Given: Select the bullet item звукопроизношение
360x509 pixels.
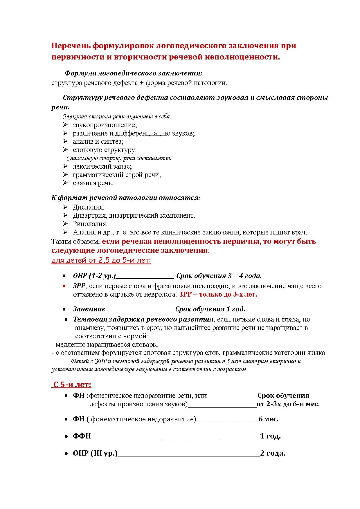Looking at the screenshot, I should tap(105, 125).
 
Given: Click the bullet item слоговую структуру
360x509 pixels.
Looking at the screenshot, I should tap(105, 150).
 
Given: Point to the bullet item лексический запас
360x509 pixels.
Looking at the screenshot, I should tap(102, 166).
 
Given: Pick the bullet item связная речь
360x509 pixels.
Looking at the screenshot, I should tap(93, 183).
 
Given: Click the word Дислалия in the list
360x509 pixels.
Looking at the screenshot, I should tap(88, 207).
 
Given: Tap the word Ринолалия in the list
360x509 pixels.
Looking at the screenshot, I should tap(90, 224).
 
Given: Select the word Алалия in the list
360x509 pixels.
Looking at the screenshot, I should tap(84, 232).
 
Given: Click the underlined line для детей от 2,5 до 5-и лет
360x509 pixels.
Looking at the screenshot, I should tap(101, 260).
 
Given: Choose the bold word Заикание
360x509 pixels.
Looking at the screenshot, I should tap(89, 309).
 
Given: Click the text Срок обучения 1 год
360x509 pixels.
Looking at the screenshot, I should tap(210, 309).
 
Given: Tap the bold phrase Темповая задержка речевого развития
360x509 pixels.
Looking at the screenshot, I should tap(143, 319).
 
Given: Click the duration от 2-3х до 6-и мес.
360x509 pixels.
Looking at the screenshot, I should tap(288, 404).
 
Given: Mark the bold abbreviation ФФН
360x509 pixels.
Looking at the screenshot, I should tap(82, 436).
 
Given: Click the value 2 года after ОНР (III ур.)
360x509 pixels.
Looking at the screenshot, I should tap(273, 453).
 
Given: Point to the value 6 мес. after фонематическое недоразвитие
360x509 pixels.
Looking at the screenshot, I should tap(268, 419).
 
